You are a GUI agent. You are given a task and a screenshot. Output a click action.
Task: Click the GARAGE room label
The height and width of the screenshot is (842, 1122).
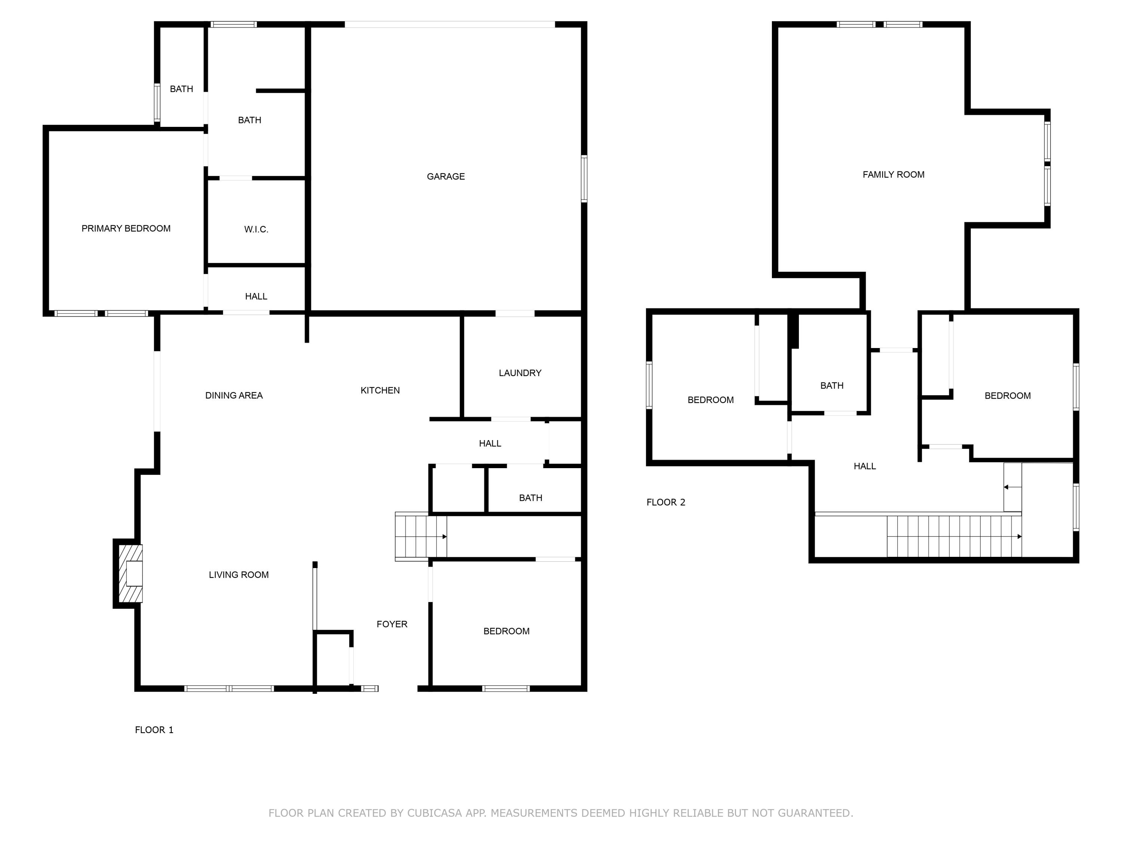click(445, 177)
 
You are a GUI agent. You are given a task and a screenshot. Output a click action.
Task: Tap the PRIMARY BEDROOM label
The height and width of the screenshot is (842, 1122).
click(126, 228)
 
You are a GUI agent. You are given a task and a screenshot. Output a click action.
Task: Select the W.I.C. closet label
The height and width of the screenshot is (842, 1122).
click(256, 229)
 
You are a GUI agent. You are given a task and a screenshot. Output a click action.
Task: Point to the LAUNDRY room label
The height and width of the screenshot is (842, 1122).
click(520, 373)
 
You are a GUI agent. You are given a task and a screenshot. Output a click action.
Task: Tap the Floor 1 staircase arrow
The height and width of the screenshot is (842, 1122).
click(444, 537)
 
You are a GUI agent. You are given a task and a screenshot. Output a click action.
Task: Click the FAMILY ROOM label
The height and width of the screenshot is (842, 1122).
click(893, 175)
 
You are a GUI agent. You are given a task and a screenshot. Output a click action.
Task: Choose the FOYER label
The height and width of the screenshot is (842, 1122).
click(392, 624)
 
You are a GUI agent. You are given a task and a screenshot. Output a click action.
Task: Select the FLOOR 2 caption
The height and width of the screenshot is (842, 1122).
click(665, 503)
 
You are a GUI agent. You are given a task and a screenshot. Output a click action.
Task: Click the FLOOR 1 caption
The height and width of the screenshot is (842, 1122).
click(154, 730)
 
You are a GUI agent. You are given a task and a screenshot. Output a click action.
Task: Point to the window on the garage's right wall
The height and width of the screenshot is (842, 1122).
click(584, 179)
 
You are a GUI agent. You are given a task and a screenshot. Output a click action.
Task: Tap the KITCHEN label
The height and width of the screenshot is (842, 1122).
click(380, 390)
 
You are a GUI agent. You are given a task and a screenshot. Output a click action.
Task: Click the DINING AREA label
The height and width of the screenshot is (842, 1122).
click(234, 396)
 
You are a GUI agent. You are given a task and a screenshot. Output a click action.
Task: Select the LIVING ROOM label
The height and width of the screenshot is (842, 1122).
click(238, 574)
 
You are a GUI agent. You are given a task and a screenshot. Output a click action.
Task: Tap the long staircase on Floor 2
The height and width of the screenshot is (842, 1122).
click(954, 537)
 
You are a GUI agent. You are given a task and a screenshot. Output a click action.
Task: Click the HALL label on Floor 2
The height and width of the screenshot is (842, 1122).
click(864, 466)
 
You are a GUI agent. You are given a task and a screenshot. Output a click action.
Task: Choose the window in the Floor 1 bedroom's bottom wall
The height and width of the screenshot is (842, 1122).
click(506, 689)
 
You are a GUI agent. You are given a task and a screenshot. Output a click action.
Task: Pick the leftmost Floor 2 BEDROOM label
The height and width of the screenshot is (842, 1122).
click(710, 400)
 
